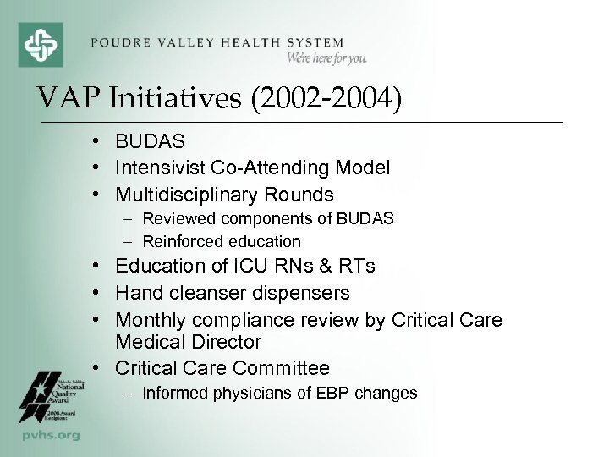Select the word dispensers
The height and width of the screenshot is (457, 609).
click(x=307, y=293)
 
